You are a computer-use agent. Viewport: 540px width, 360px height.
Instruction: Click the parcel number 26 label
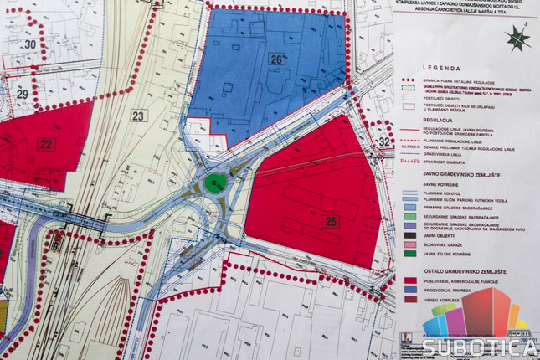click(276, 59)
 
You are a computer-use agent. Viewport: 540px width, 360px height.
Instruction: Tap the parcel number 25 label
click(332, 221)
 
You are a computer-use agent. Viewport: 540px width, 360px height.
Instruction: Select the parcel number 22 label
click(46, 144)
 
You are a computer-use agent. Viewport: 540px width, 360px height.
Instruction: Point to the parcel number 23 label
click(138, 116)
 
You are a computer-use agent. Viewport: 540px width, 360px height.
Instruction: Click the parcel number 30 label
click(30, 44)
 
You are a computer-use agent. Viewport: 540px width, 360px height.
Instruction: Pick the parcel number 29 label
click(23, 94)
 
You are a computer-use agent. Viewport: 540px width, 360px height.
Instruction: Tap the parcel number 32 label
click(384, 141)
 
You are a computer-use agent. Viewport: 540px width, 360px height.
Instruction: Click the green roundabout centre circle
click(216, 183)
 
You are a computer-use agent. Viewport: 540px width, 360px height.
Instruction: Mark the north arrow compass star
click(519, 38)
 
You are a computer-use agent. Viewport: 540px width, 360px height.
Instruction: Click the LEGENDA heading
click(444, 67)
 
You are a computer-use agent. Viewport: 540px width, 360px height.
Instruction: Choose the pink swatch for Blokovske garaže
click(411, 245)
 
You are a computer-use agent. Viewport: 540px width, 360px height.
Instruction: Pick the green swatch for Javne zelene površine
click(411, 254)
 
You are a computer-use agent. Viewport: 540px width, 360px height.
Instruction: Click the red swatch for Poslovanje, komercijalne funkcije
click(411, 281)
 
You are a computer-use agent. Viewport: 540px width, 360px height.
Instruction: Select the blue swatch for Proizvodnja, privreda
click(411, 290)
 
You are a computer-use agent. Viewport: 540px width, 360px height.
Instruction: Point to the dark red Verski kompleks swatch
click(411, 298)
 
